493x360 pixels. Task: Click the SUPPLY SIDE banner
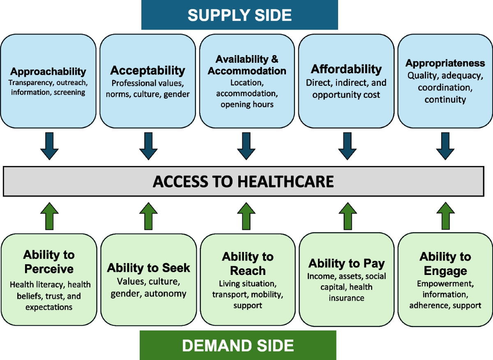tap(240, 15)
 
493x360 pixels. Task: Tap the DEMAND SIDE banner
tap(238, 345)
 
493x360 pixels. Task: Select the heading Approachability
tap(48, 72)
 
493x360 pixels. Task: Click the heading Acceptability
tap(148, 70)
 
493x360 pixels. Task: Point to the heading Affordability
tap(346, 69)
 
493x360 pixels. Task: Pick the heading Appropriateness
tap(445, 63)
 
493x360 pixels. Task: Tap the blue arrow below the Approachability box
tap(49, 145)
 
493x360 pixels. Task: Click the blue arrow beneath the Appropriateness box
tap(445, 145)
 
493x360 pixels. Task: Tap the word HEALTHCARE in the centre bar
tap(283, 181)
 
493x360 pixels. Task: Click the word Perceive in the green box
tap(49, 269)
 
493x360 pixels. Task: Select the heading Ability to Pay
tap(346, 263)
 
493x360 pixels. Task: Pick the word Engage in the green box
tap(445, 271)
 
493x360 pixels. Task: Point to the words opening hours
tap(247, 104)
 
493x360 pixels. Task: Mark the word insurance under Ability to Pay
tap(346, 298)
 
